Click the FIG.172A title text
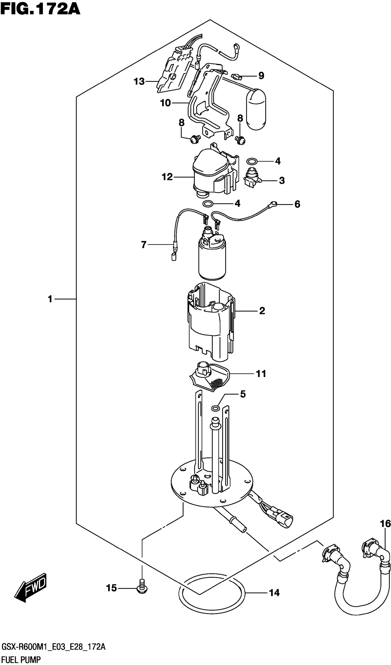[40, 10]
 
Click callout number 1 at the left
[50, 299]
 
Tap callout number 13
[139, 81]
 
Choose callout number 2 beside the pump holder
[262, 311]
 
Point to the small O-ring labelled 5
[215, 409]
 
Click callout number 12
[167, 177]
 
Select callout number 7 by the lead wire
[144, 245]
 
